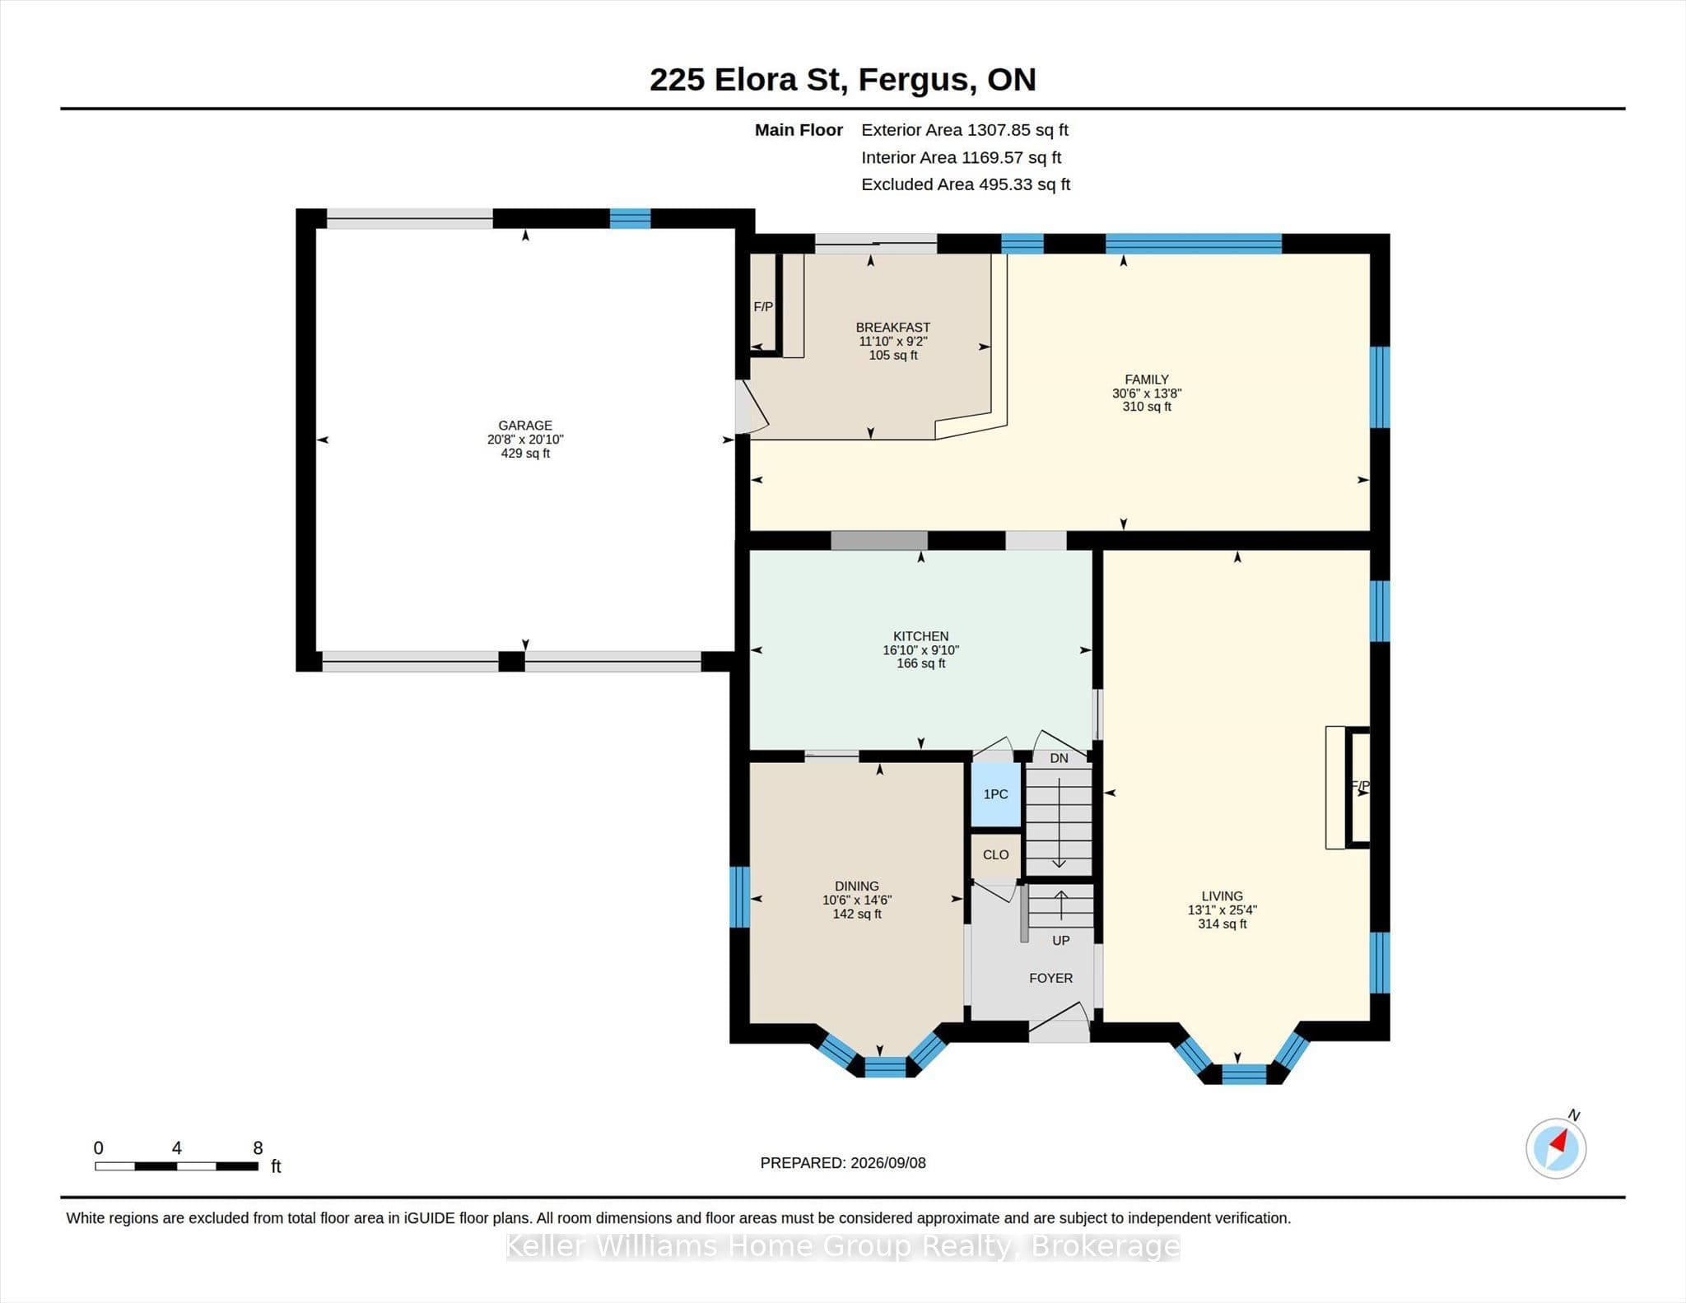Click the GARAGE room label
coord(525,426)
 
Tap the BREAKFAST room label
coord(893,327)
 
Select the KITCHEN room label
coord(920,636)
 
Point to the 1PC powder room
coord(996,794)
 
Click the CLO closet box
coord(996,855)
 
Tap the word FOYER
coord(1050,978)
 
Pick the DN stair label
coord(1059,758)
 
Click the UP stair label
coord(1060,940)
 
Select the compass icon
coord(1556,1147)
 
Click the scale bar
coord(176,1166)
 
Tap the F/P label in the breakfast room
coord(763,307)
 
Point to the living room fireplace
coord(1348,787)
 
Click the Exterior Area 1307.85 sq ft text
coord(965,130)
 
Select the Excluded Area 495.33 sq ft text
coord(966,184)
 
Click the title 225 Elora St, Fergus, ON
coord(842,80)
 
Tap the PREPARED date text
coord(843,1163)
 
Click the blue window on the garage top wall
coord(630,218)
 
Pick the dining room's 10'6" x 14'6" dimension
coord(857,900)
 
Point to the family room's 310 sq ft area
coord(1147,407)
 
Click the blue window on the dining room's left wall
coord(740,896)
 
